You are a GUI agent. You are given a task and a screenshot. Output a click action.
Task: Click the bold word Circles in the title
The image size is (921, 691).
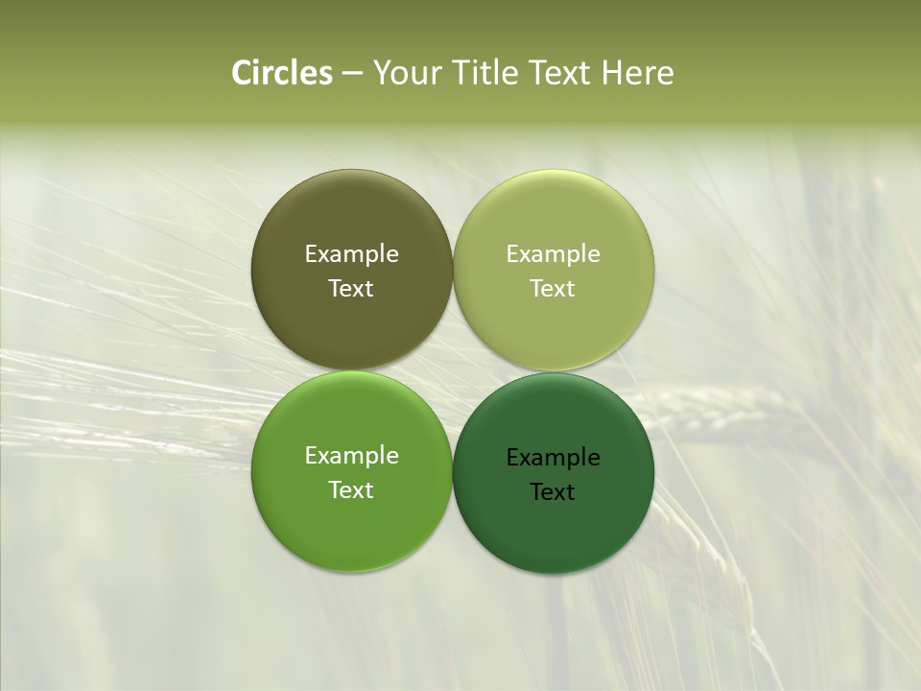[282, 73]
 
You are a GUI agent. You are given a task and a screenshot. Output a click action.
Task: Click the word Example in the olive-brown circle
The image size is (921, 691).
[351, 254]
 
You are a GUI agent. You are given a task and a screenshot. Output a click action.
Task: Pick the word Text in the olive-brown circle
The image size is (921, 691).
[351, 289]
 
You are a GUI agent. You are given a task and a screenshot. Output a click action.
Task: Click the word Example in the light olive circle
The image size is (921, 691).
[554, 254]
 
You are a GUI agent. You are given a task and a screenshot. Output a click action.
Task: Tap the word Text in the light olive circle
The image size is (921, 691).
[554, 289]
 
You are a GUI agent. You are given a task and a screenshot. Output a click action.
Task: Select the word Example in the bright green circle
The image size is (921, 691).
[351, 456]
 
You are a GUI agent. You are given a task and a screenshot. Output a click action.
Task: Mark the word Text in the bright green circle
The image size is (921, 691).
[351, 490]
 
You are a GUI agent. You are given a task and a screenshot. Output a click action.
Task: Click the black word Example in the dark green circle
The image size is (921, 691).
[554, 458]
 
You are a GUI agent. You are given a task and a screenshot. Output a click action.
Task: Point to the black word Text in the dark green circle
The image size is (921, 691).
[554, 492]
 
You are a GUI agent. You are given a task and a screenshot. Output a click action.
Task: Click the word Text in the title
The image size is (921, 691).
[561, 73]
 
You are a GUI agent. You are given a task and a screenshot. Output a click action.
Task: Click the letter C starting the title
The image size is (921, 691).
[242, 73]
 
